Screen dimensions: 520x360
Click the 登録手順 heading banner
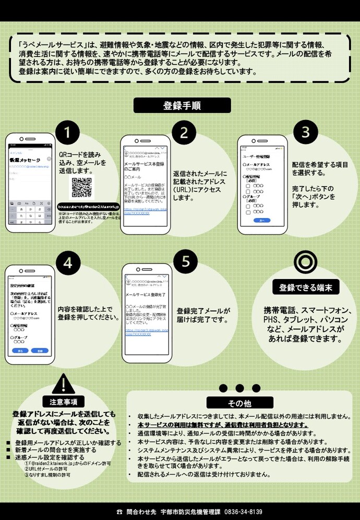[x=182, y=105]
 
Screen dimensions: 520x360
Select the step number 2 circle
[x=184, y=132]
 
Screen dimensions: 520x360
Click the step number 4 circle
[x=68, y=263]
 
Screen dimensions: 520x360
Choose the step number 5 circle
[x=186, y=262]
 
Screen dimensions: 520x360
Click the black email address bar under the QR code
[x=88, y=207]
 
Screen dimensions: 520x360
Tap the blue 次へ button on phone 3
[x=261, y=221]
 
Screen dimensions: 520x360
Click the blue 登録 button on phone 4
[x=40, y=350]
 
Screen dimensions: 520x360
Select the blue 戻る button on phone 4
[x=20, y=350]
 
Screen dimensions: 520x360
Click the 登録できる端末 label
[x=302, y=287]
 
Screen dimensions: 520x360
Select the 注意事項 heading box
[x=64, y=402]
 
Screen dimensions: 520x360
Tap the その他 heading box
[x=239, y=403]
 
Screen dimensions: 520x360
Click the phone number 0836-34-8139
[x=243, y=512]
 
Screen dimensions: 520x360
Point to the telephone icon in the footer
[x=119, y=512]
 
